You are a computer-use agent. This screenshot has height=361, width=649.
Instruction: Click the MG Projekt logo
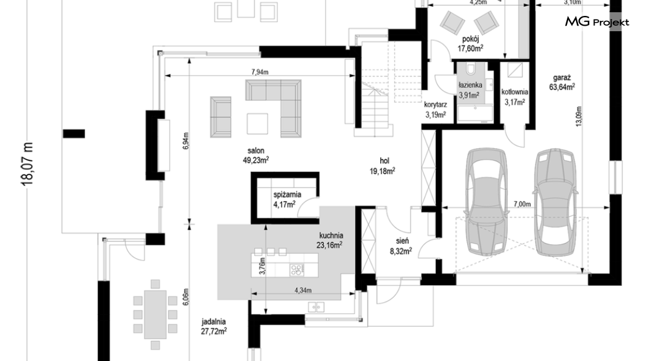[597, 22]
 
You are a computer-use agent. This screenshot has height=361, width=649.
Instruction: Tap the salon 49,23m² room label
[256, 155]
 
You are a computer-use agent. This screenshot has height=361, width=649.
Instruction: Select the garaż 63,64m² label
[561, 82]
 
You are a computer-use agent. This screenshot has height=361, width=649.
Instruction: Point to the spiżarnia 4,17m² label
[287, 199]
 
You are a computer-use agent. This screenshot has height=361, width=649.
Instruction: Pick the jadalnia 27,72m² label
[214, 326]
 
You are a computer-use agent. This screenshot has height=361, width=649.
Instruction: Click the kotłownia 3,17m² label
[514, 97]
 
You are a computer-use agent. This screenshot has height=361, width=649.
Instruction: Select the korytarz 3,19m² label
[435, 110]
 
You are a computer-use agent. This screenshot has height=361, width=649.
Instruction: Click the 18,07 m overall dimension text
[28, 164]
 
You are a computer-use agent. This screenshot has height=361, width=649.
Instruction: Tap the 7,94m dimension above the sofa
[260, 72]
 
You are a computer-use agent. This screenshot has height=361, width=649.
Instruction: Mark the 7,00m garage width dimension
[522, 204]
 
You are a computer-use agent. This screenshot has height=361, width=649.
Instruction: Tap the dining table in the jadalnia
[156, 314]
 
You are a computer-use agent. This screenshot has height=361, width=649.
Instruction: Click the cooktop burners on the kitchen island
[296, 270]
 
